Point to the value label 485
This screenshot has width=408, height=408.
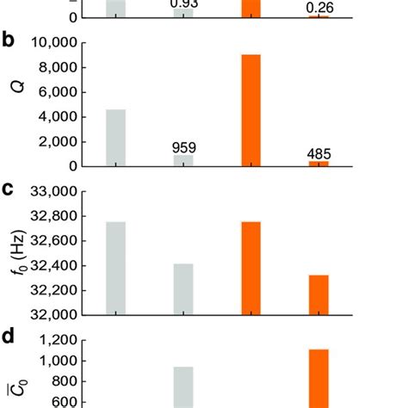coord(319,154)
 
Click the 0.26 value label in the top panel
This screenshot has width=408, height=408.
coord(319,9)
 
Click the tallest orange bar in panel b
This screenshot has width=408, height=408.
coord(250,109)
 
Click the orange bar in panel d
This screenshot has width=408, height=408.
coord(319,378)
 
